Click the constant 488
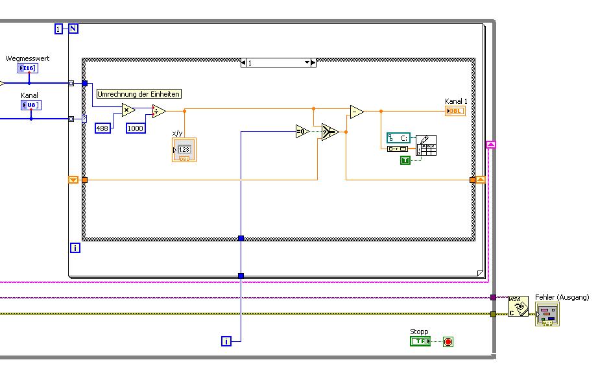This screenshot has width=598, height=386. [102, 128]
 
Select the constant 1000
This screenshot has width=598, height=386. [136, 128]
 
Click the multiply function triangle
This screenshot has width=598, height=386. [128, 110]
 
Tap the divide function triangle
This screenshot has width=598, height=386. [158, 111]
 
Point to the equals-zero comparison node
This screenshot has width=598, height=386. [302, 132]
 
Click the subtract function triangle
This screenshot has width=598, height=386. [356, 112]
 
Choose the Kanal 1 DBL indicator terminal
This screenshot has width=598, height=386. [455, 111]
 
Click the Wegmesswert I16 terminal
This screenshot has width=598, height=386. [28, 67]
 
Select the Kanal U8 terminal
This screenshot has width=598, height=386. [30, 104]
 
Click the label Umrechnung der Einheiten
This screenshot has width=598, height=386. [138, 94]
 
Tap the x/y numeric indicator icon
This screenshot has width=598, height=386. [184, 150]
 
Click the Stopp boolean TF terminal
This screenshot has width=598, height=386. [420, 341]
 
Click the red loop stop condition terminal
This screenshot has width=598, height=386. [448, 341]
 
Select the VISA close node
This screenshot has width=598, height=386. [518, 306]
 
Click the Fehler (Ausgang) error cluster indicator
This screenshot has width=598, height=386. [547, 314]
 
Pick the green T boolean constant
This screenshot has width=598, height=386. [405, 160]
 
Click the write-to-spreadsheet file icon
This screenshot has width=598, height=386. [425, 147]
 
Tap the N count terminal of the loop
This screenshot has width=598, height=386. [73, 29]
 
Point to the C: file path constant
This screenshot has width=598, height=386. [399, 138]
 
